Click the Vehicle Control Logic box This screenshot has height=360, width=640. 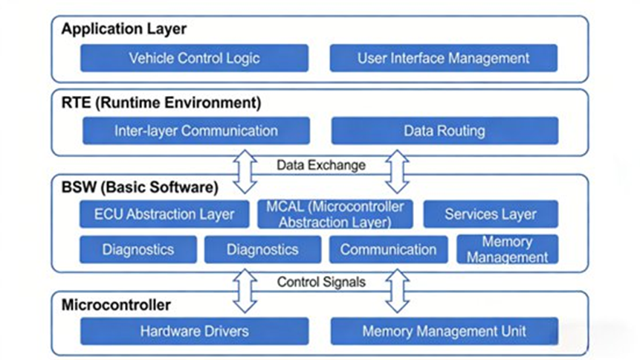tap(194, 58)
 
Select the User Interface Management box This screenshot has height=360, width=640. tap(443, 58)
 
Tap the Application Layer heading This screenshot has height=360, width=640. tap(123, 30)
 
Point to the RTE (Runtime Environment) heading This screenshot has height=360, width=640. tap(161, 103)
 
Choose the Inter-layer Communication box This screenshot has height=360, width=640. tap(195, 131)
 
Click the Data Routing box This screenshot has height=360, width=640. tap(444, 131)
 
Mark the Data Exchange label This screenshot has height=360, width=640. tap(320, 165)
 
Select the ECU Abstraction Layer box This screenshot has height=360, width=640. tap(164, 214)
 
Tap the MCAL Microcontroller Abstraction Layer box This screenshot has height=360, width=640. tap(334, 213)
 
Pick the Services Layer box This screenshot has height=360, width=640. tap(490, 214)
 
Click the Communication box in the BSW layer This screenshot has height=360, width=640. tap(388, 249)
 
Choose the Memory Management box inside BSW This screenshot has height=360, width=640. tap(507, 249)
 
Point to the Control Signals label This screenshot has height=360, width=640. tap(320, 282)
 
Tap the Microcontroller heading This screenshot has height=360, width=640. tap(116, 305)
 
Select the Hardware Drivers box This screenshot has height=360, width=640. tap(194, 331)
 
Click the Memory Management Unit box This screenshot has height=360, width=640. tap(443, 331)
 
